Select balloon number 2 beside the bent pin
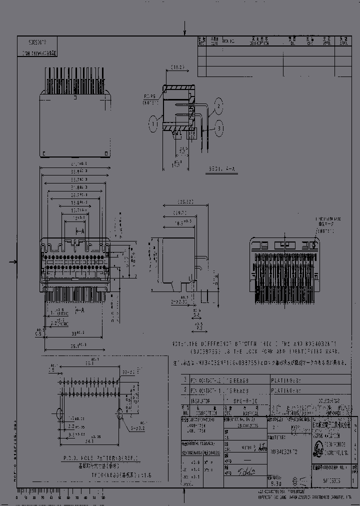pyautogui.click(x=218, y=104)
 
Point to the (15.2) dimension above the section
pyautogui.click(x=178, y=66)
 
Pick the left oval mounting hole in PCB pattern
pyautogui.click(x=58, y=413)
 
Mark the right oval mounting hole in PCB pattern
pyautogui.click(x=120, y=413)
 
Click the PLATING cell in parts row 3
pyautogui.click(x=286, y=380)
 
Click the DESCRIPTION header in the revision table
pyautogui.click(x=259, y=42)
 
